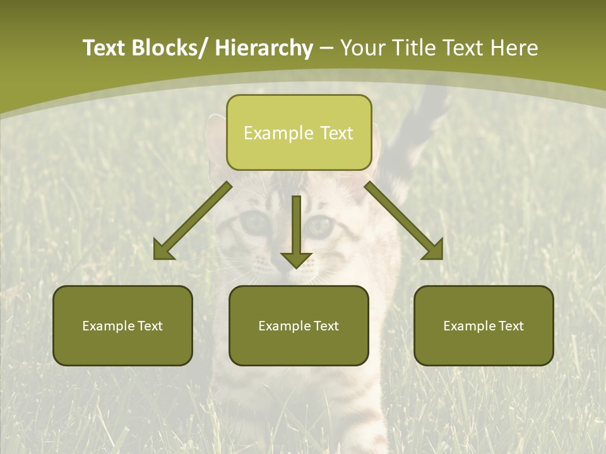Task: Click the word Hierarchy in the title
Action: point(264,48)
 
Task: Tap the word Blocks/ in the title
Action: point(166,48)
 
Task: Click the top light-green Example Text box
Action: point(299,132)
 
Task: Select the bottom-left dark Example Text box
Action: point(122,325)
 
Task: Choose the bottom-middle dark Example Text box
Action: point(299,325)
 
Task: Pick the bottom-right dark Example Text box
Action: point(484,325)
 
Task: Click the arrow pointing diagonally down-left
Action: point(193,221)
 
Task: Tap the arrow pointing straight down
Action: point(296,230)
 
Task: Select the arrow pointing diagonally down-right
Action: point(404,221)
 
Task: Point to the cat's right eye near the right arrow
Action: point(320,225)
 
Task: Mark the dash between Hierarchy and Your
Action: point(326,49)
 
